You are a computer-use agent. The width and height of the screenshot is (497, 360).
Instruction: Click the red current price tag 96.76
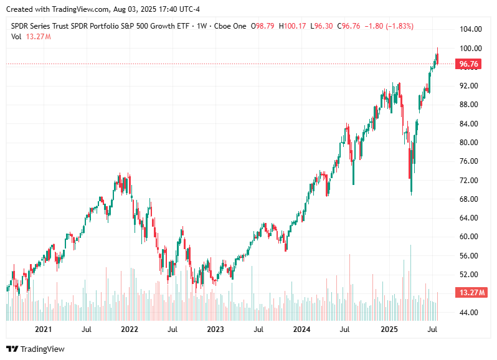pyautogui.click(x=468, y=64)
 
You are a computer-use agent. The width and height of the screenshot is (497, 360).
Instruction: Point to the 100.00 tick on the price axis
pyautogui.click(x=470, y=48)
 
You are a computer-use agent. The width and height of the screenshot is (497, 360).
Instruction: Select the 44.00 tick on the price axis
pyautogui.click(x=470, y=312)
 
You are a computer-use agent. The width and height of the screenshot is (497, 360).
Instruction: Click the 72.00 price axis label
pyautogui.click(x=470, y=180)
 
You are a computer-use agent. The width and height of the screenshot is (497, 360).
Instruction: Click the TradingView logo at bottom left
pyautogui.click(x=35, y=349)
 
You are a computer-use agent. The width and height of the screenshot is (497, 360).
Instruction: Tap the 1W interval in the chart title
pyautogui.click(x=202, y=26)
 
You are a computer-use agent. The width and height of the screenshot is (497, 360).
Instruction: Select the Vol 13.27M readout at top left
pyautogui.click(x=31, y=37)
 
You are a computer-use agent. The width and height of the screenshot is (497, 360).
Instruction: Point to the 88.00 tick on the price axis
pyautogui.click(x=470, y=105)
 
